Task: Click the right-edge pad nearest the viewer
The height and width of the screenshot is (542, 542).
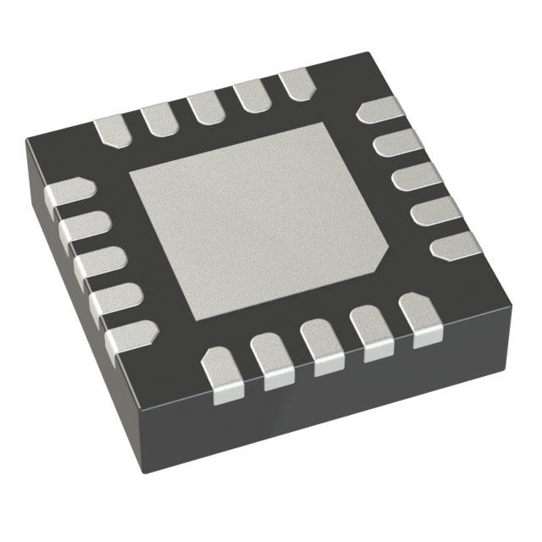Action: [x=455, y=246]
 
